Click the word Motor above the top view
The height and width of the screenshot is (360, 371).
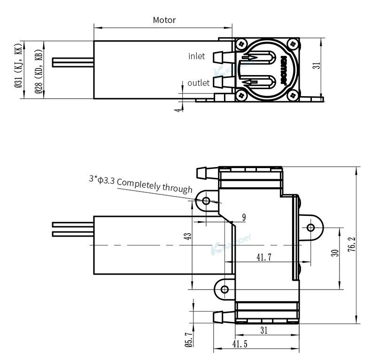tap(164, 20)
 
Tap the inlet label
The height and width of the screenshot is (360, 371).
tap(196, 56)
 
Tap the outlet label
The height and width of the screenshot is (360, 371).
tap(198, 83)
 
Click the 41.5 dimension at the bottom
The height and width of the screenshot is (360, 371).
tap(240, 344)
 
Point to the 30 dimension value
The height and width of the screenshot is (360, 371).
tap(334, 253)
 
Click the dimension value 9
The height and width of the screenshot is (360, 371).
tap(244, 217)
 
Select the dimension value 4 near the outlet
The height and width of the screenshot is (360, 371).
tap(177, 109)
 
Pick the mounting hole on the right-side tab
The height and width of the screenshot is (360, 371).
tap(310, 228)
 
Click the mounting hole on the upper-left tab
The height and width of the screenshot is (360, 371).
tap(206, 201)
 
